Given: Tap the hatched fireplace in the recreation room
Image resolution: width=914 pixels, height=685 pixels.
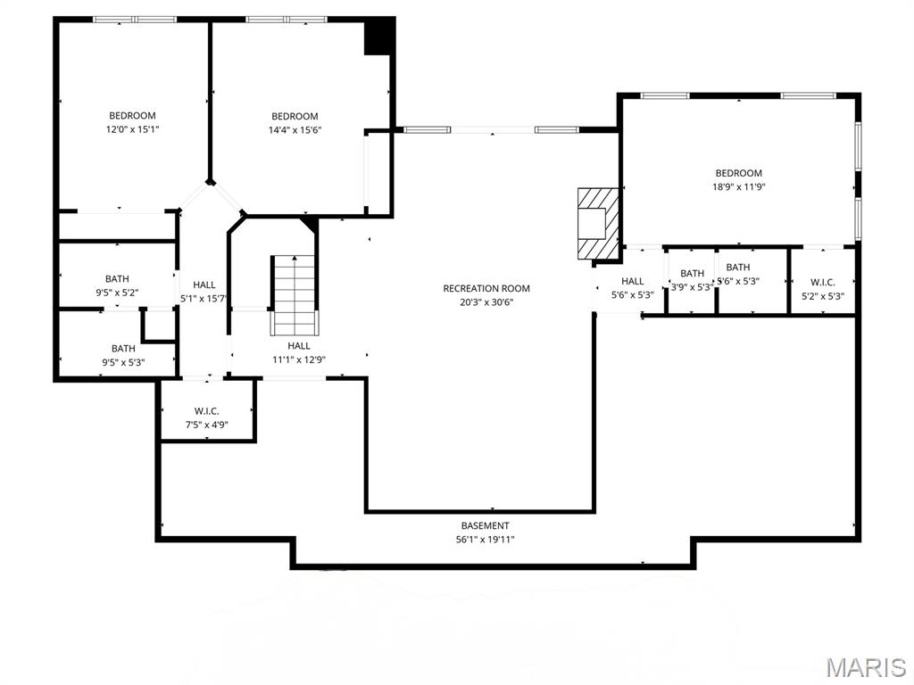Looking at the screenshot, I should coord(596,223).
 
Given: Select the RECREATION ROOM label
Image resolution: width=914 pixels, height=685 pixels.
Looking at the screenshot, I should coord(486,288).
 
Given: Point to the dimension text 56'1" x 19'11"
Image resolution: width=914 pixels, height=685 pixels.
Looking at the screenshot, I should coord(486,540).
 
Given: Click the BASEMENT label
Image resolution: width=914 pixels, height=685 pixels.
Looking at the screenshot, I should coord(486,526).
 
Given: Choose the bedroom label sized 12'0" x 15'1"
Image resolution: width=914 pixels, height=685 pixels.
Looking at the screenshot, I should coord(132,115).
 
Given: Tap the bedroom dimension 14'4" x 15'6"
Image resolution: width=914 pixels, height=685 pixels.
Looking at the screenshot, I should coord(295,129).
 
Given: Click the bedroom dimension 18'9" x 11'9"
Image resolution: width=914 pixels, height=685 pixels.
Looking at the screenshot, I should coord(739,187).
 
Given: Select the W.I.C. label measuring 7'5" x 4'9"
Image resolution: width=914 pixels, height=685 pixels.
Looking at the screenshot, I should coord(206,411).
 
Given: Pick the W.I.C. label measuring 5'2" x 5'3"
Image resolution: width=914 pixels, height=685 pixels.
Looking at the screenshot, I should coord(823,282).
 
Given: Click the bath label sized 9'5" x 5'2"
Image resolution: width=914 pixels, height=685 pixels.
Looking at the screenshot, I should coord(117,279).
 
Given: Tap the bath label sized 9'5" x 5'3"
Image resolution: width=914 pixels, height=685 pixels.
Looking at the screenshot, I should coord(123,349).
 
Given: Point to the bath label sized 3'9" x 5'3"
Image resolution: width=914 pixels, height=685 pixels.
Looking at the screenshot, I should coord(692,274).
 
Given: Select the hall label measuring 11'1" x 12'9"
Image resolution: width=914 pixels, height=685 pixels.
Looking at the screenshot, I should coord(299,346).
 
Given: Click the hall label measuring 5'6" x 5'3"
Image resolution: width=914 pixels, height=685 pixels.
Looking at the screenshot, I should coord(633,282).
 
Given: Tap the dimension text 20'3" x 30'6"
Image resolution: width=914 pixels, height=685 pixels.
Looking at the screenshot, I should coord(486,301).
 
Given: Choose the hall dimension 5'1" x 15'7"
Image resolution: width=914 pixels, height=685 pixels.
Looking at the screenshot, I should coord(204,298).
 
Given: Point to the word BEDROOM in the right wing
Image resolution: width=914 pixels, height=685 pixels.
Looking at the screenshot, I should coord(739,173).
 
